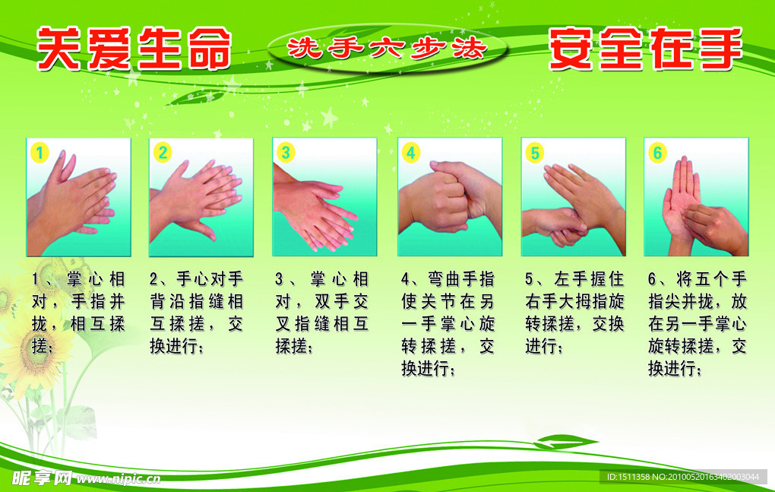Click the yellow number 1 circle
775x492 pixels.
(x=40, y=153)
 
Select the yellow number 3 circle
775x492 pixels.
(x=285, y=153)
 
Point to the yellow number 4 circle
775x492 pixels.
(x=410, y=153)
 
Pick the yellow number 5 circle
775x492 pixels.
(x=535, y=153)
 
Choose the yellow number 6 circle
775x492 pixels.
(x=657, y=153)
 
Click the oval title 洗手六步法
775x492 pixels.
(x=386, y=49)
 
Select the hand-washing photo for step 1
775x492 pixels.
(x=78, y=198)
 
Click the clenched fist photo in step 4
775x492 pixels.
(x=449, y=198)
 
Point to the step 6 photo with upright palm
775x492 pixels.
(x=695, y=198)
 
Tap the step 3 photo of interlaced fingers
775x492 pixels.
(x=324, y=198)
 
